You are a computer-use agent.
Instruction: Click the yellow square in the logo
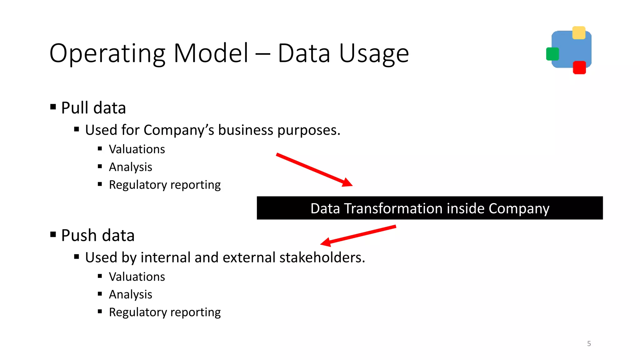coord(579,33)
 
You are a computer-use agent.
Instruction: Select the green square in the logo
coord(552,54)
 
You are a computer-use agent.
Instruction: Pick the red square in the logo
coord(579,67)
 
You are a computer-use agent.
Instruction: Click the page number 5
coord(589,344)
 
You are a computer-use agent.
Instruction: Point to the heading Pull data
coord(93,108)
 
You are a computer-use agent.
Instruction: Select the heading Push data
coord(97,236)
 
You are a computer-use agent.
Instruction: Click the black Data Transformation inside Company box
coord(430,208)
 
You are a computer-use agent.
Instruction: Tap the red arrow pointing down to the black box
coord(314,170)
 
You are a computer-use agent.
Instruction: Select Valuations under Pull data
coord(137,149)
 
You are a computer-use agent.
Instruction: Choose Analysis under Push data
coord(130,294)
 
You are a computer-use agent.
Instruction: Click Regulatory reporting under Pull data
coord(165,185)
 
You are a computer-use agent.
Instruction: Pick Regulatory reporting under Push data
coord(165,312)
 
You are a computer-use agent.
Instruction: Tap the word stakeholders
coord(322,257)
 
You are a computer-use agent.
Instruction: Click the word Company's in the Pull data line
coord(179,130)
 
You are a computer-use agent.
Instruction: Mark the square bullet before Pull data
coord(53,107)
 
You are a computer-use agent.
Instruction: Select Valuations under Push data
coord(137,277)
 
